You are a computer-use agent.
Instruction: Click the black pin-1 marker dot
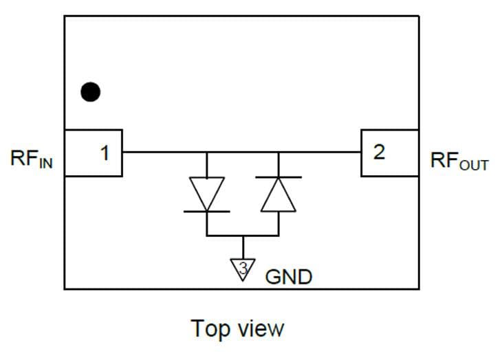point(90,91)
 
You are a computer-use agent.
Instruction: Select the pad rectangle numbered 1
point(94,153)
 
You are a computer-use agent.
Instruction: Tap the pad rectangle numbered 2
point(389,153)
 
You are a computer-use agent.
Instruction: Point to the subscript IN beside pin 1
point(45,164)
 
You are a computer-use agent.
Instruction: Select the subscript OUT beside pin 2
point(473,166)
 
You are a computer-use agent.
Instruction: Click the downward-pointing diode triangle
point(207,193)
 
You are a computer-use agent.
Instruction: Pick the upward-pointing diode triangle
point(278,195)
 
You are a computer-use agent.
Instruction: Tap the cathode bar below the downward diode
point(207,212)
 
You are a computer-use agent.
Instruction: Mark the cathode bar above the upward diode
point(278,177)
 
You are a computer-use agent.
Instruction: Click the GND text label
point(289,277)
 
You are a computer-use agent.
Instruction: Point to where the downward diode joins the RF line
point(207,152)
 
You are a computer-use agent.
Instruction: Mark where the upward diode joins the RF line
point(278,152)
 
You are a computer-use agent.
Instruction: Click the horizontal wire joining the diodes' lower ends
point(227,236)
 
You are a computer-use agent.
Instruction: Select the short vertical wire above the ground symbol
point(243,247)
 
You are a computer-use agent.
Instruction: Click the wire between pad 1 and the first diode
point(165,152)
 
